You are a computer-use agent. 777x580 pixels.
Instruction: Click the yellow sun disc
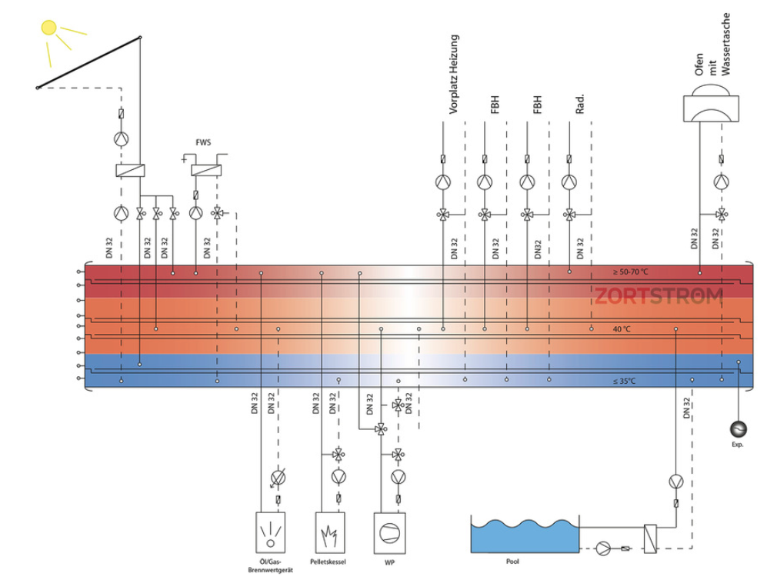pos(48,28)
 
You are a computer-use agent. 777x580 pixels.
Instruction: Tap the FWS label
pos(203,142)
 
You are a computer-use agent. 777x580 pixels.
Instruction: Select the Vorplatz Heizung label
pos(453,75)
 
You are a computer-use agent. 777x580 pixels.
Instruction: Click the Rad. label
pos(580,104)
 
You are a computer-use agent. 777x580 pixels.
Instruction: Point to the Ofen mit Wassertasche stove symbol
pos(711,103)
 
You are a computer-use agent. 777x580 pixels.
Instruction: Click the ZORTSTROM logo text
pos(659,296)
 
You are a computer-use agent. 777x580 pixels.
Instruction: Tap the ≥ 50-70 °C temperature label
pos(630,272)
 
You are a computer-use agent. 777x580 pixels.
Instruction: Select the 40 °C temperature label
pos(622,329)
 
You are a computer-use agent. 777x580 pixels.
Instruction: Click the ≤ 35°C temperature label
pos(624,381)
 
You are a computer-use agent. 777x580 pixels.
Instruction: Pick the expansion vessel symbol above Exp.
pos(739,429)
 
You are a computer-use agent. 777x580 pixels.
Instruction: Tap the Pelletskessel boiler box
pos(330,533)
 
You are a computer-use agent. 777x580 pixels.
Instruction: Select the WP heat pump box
pos(389,533)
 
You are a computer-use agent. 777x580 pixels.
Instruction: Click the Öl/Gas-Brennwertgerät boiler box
pos(270,532)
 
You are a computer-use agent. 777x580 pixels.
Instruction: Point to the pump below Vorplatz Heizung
pos(443,182)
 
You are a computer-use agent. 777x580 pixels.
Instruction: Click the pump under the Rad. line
pos(569,182)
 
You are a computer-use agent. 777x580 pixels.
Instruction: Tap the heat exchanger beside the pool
pos(650,538)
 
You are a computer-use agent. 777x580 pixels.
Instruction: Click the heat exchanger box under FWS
pos(206,170)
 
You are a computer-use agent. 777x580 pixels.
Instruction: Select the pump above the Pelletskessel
pos(338,477)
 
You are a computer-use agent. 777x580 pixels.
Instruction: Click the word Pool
pos(512,562)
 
